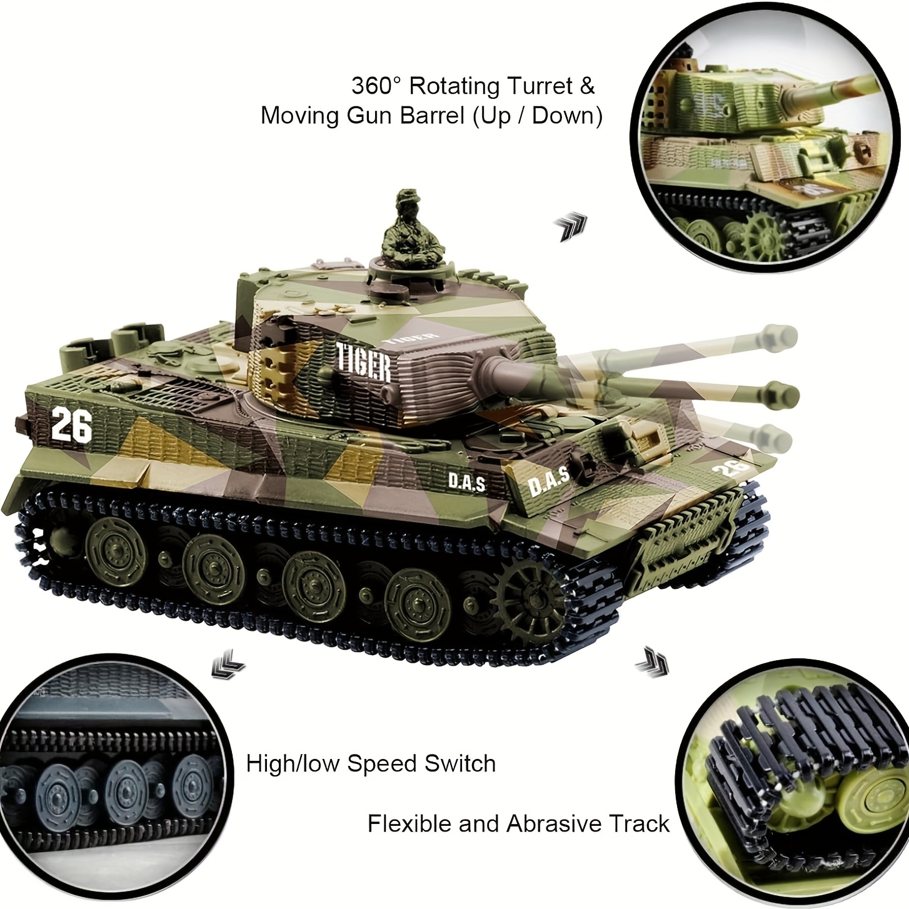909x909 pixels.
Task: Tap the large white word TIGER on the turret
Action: [364, 362]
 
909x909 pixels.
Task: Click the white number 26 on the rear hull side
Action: [71, 425]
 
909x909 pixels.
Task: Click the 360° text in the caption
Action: [376, 86]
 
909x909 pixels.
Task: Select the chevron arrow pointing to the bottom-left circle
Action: [228, 664]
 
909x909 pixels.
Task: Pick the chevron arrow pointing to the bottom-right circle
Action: [652, 662]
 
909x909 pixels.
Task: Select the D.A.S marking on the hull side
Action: [466, 482]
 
